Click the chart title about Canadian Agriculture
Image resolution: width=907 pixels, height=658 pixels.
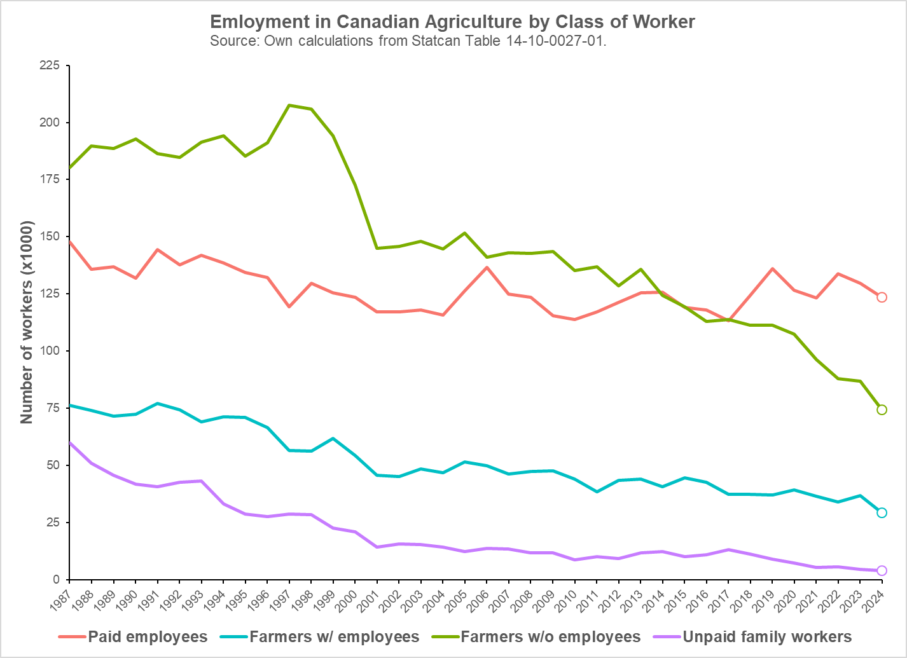[452, 22]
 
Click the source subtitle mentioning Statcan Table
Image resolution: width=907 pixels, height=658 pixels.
[408, 41]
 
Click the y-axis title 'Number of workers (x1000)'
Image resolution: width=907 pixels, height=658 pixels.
[26, 322]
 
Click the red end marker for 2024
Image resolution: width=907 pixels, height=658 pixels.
[882, 297]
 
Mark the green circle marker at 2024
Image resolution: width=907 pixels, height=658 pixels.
[882, 409]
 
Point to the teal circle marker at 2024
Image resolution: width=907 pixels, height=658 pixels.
[882, 512]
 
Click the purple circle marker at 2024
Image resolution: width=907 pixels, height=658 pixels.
[882, 570]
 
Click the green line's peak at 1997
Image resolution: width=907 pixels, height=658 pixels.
[289, 105]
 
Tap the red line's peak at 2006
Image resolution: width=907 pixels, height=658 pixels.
[487, 267]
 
